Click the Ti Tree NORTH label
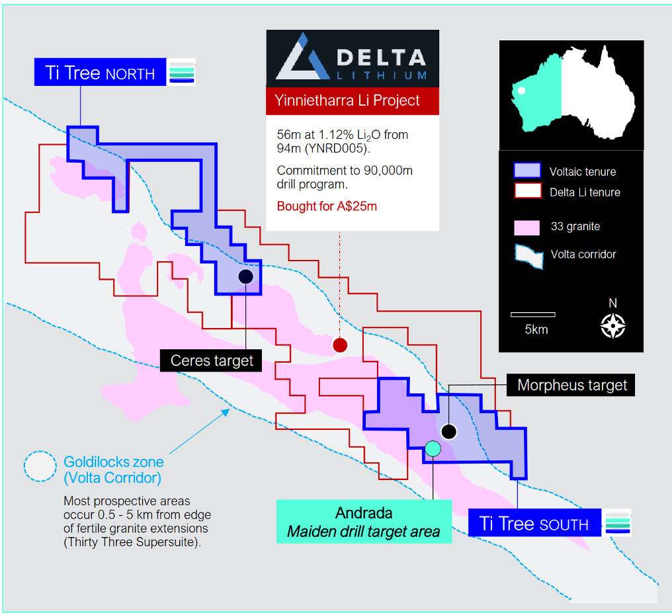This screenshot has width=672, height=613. [x=100, y=72]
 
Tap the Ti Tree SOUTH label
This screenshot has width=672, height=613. [x=534, y=522]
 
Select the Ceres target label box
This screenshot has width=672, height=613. [x=211, y=360]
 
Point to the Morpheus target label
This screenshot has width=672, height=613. [x=571, y=385]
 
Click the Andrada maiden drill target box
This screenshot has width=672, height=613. [x=364, y=521]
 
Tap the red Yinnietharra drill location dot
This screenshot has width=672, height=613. [x=340, y=345]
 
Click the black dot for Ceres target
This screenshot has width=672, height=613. [x=245, y=276]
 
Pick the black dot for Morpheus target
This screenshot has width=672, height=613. [x=448, y=431]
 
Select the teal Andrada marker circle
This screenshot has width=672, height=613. [x=433, y=448]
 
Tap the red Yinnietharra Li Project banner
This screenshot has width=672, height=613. [x=353, y=101]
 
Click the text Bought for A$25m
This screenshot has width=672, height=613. [x=327, y=206]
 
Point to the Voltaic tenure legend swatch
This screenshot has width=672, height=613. [x=527, y=171]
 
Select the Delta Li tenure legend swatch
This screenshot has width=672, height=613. [x=528, y=190]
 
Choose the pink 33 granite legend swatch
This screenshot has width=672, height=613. [x=526, y=227]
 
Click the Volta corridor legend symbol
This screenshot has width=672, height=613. [x=529, y=256]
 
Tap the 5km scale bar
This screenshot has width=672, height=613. [x=532, y=314]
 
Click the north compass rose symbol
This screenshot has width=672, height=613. [x=613, y=325]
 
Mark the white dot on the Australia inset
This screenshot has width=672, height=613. [x=522, y=91]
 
